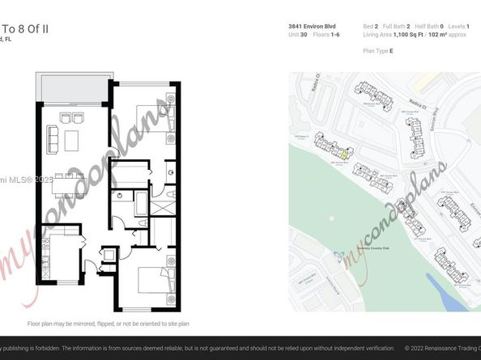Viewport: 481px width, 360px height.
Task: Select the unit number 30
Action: click(x=303, y=35)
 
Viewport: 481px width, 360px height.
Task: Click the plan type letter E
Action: click(x=391, y=50)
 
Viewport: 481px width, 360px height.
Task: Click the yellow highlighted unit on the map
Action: click(x=343, y=154)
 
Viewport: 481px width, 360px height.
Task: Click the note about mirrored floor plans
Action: click(x=108, y=324)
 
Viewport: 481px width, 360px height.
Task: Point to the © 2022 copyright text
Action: click(x=442, y=349)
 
